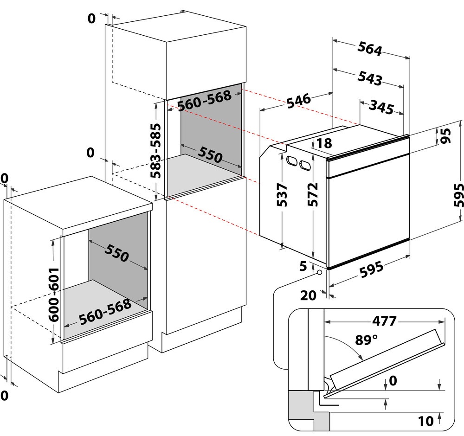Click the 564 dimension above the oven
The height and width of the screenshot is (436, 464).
click(x=370, y=49)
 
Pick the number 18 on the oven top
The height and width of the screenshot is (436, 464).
click(x=325, y=143)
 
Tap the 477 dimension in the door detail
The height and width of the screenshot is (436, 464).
click(x=384, y=321)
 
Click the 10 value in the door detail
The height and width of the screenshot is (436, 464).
click(x=426, y=421)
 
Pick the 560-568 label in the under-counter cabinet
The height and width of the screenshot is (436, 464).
click(x=105, y=313)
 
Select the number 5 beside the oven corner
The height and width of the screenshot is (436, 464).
click(x=303, y=266)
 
